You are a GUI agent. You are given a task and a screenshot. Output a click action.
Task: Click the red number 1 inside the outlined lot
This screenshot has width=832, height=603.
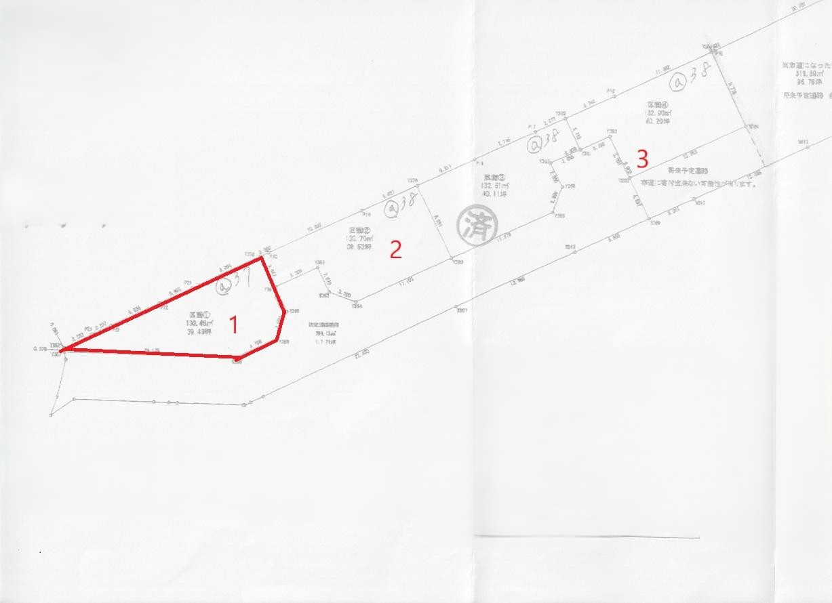233,325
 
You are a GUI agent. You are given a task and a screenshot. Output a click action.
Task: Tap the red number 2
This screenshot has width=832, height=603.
395,249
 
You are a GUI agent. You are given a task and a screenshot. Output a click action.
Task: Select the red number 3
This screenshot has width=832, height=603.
641,160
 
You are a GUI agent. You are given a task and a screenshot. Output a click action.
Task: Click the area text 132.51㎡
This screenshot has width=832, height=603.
494,186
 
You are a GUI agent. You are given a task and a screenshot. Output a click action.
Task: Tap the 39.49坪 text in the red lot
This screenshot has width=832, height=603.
202,332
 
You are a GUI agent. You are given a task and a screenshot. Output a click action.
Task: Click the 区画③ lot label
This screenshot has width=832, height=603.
493,178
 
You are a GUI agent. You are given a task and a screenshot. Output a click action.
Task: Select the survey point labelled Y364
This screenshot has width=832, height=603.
357,306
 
